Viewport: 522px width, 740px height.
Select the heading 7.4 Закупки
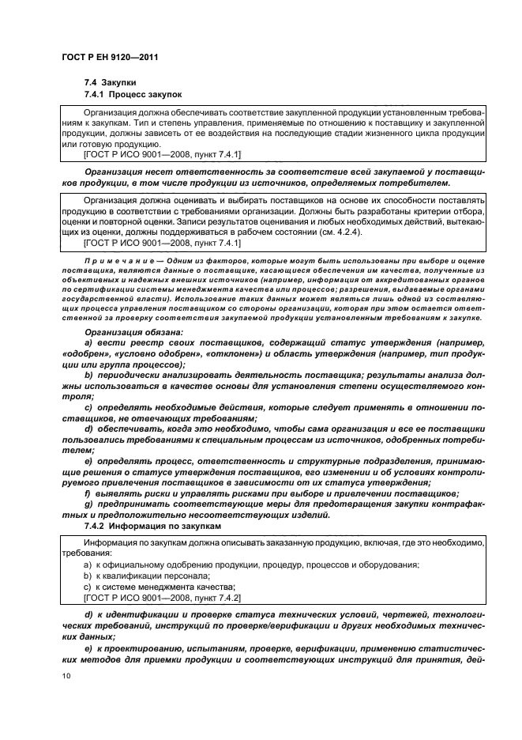[x=111, y=82]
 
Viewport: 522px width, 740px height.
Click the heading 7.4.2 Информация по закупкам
[x=143, y=525]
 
